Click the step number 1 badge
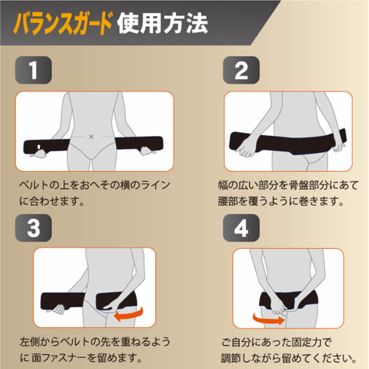click(x=33, y=70)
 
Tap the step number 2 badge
click(x=241, y=70)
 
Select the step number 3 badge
click(x=33, y=228)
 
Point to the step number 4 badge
click(x=241, y=228)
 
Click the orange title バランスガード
click(x=63, y=23)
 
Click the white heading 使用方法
click(x=162, y=24)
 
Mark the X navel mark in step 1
click(x=91, y=136)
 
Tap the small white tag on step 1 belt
click(x=39, y=147)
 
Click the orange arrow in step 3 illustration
click(x=129, y=315)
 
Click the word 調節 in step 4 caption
click(x=231, y=358)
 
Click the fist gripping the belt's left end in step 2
click(x=246, y=147)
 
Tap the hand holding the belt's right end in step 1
click(x=148, y=151)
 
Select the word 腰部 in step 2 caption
click(x=228, y=201)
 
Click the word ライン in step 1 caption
click(x=155, y=185)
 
